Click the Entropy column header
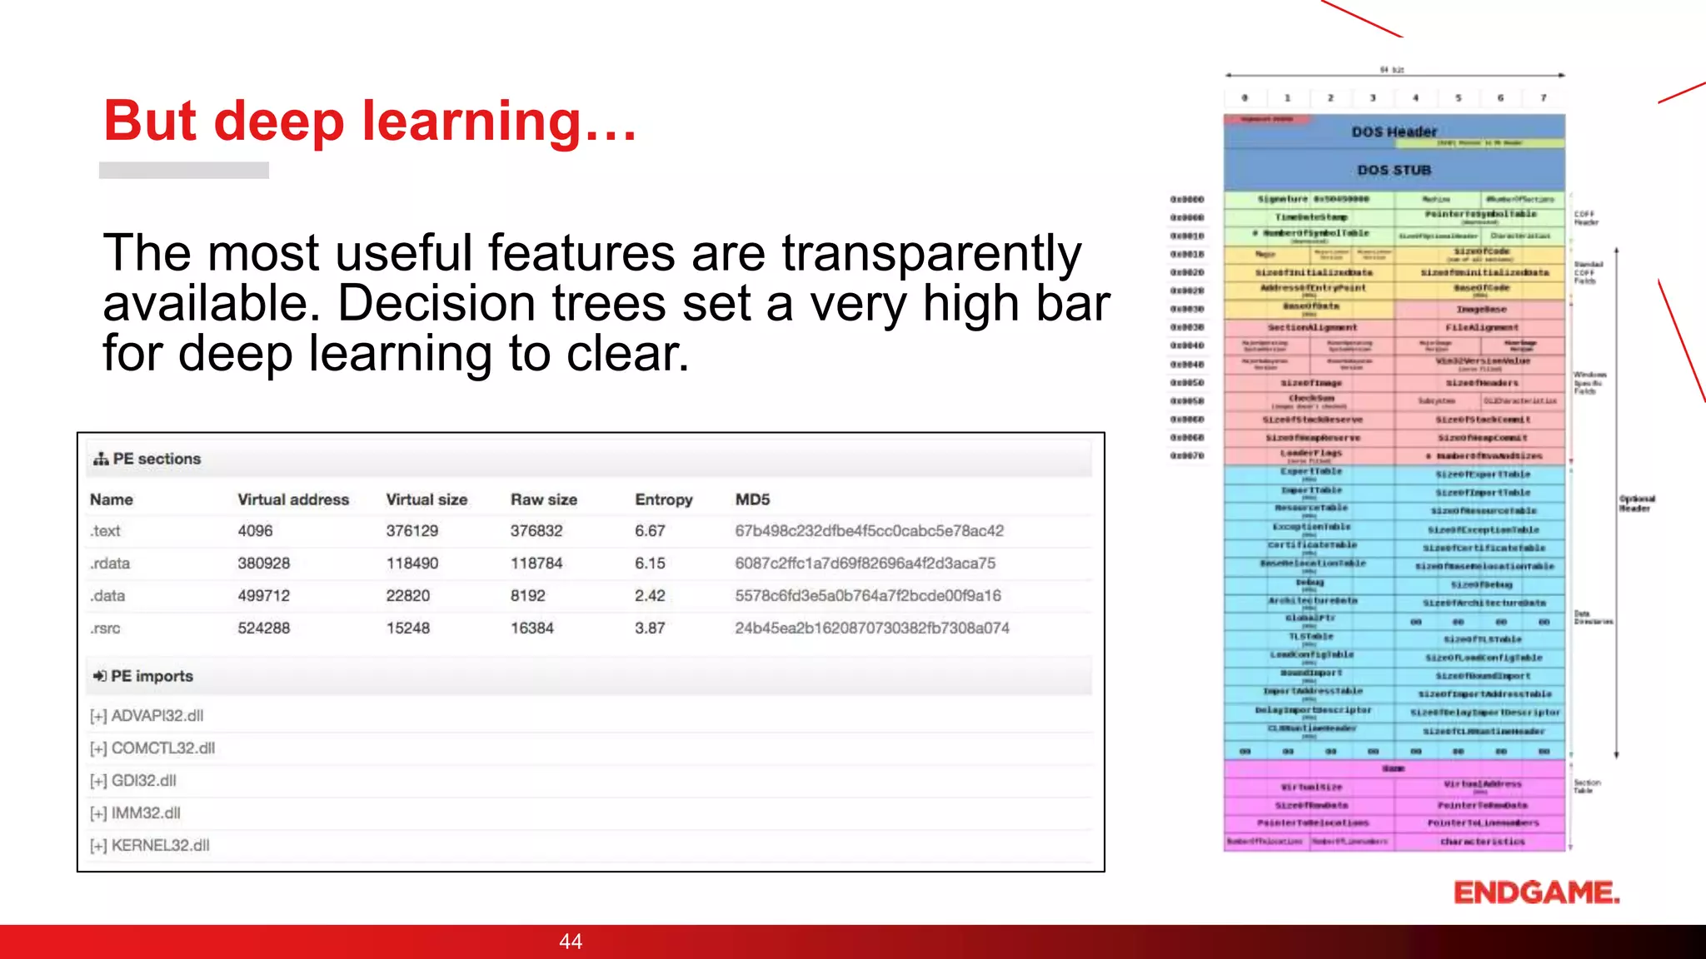(x=663, y=499)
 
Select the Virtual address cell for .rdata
(x=263, y=564)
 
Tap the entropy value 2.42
(x=650, y=596)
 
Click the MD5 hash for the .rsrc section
(x=871, y=629)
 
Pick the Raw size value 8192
(x=527, y=596)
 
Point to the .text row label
(x=106, y=531)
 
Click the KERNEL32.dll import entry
(x=160, y=846)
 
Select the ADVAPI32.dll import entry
(x=157, y=716)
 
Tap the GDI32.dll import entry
(x=143, y=781)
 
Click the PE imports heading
(x=152, y=676)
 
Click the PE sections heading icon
(x=101, y=459)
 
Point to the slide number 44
(x=571, y=942)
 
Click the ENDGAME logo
(x=1536, y=892)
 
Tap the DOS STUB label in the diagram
(x=1394, y=170)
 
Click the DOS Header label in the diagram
(x=1394, y=132)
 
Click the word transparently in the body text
(x=930, y=253)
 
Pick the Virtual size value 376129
(x=412, y=531)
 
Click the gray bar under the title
(x=184, y=170)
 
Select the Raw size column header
(x=543, y=499)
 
